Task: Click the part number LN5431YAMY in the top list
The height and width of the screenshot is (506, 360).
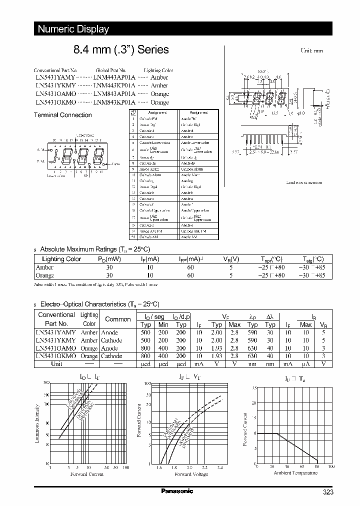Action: (55, 77)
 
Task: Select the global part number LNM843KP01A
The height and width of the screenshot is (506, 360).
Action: (114, 102)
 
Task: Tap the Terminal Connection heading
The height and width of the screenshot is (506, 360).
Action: (62, 115)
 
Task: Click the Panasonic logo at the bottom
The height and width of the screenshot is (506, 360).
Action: (177, 491)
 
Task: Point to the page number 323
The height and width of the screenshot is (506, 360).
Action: (327, 492)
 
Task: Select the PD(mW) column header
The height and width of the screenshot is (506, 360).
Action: (109, 259)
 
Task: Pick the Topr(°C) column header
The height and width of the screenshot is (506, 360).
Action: (271, 259)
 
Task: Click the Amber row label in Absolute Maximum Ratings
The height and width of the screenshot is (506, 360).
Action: (44, 267)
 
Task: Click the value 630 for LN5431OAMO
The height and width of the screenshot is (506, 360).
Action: (253, 348)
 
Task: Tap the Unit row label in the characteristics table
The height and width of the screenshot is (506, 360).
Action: (56, 363)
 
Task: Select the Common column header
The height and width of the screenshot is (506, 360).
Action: (118, 318)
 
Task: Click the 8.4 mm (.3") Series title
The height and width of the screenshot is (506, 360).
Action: (121, 50)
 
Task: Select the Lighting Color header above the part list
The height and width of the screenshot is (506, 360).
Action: (158, 70)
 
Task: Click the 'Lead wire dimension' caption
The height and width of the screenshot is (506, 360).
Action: (303, 182)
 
